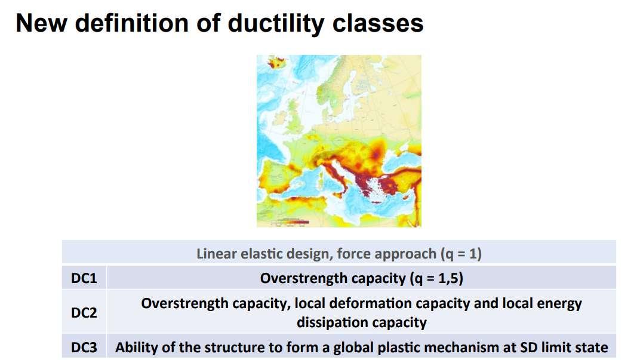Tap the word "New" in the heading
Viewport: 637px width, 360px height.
[x=41, y=23]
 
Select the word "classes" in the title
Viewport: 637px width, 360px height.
[x=378, y=23]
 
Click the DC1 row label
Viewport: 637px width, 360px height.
[x=84, y=278]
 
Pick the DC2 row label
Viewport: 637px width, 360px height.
[x=84, y=312]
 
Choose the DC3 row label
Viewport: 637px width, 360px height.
[x=84, y=347]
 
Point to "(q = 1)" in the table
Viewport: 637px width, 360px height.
[x=461, y=254]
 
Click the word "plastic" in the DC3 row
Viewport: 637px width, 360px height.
[x=401, y=348]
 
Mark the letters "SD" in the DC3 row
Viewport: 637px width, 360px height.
[x=529, y=347]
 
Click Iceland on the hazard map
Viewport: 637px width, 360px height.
[x=277, y=63]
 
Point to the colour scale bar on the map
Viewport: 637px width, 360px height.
[x=290, y=222]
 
